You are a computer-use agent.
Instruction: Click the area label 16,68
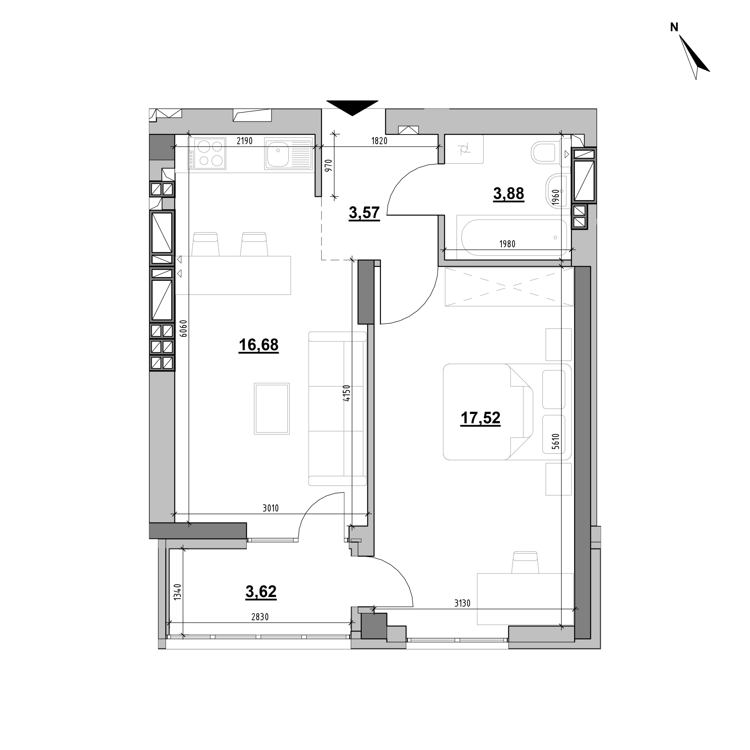258,345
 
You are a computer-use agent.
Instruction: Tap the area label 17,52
480,418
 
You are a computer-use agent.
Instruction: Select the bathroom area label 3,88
509,193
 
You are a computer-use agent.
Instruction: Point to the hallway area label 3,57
364,213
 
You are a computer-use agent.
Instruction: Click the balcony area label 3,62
261,592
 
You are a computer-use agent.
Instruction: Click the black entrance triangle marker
352,108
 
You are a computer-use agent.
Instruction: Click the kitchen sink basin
277,154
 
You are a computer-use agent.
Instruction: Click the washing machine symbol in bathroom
464,149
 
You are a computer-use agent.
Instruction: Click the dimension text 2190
245,141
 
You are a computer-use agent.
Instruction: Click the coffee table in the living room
272,408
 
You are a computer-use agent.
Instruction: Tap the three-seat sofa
337,408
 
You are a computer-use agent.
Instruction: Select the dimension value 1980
507,244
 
